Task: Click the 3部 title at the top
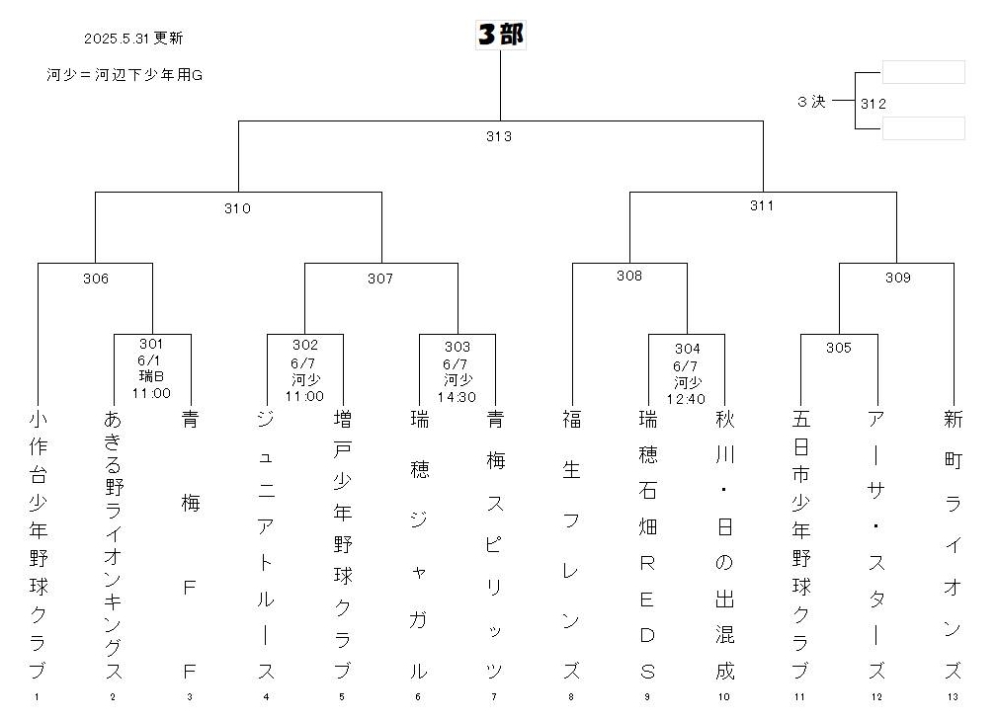[501, 35]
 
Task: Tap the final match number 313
[499, 136]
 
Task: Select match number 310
[237, 208]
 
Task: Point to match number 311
[762, 205]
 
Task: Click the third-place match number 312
[873, 104]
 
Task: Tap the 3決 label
[811, 101]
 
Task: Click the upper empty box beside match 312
[924, 72]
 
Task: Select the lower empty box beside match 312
[924, 128]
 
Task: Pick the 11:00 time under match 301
[151, 393]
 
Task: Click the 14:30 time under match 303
[457, 397]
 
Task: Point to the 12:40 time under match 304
[686, 399]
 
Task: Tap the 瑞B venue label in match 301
[151, 376]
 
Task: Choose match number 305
[839, 348]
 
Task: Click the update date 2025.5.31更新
[133, 39]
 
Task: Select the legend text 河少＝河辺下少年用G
[125, 75]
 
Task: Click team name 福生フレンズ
[571, 545]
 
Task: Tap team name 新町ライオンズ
[953, 545]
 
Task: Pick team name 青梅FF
[190, 545]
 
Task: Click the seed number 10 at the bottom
[724, 696]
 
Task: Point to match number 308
[629, 276]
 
